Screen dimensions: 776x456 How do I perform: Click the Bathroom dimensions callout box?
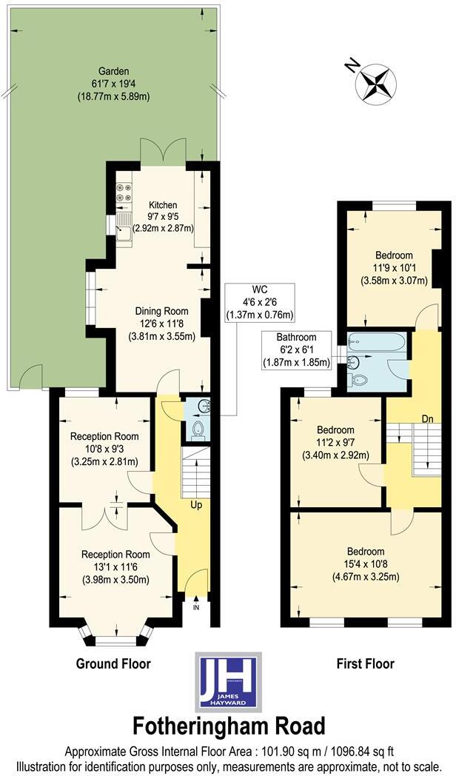pyautogui.click(x=297, y=350)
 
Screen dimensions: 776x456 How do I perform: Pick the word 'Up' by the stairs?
pyautogui.click(x=197, y=505)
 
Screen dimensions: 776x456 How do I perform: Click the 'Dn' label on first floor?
pyautogui.click(x=427, y=419)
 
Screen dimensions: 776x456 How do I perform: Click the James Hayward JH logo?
pyautogui.click(x=228, y=680)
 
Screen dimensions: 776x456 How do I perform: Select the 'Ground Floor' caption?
pyautogui.click(x=113, y=663)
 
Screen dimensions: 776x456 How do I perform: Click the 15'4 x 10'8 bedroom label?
pyautogui.click(x=366, y=563)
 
